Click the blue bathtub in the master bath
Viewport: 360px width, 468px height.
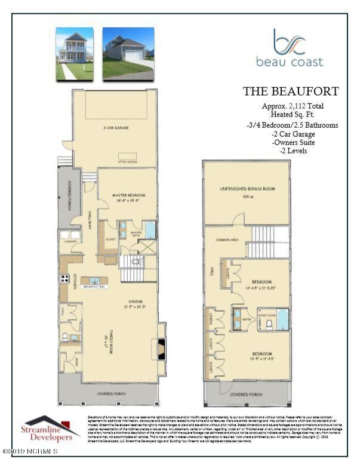[149, 230]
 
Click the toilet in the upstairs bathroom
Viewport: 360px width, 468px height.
[269, 324]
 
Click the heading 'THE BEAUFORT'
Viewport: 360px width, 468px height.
[290, 91]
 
